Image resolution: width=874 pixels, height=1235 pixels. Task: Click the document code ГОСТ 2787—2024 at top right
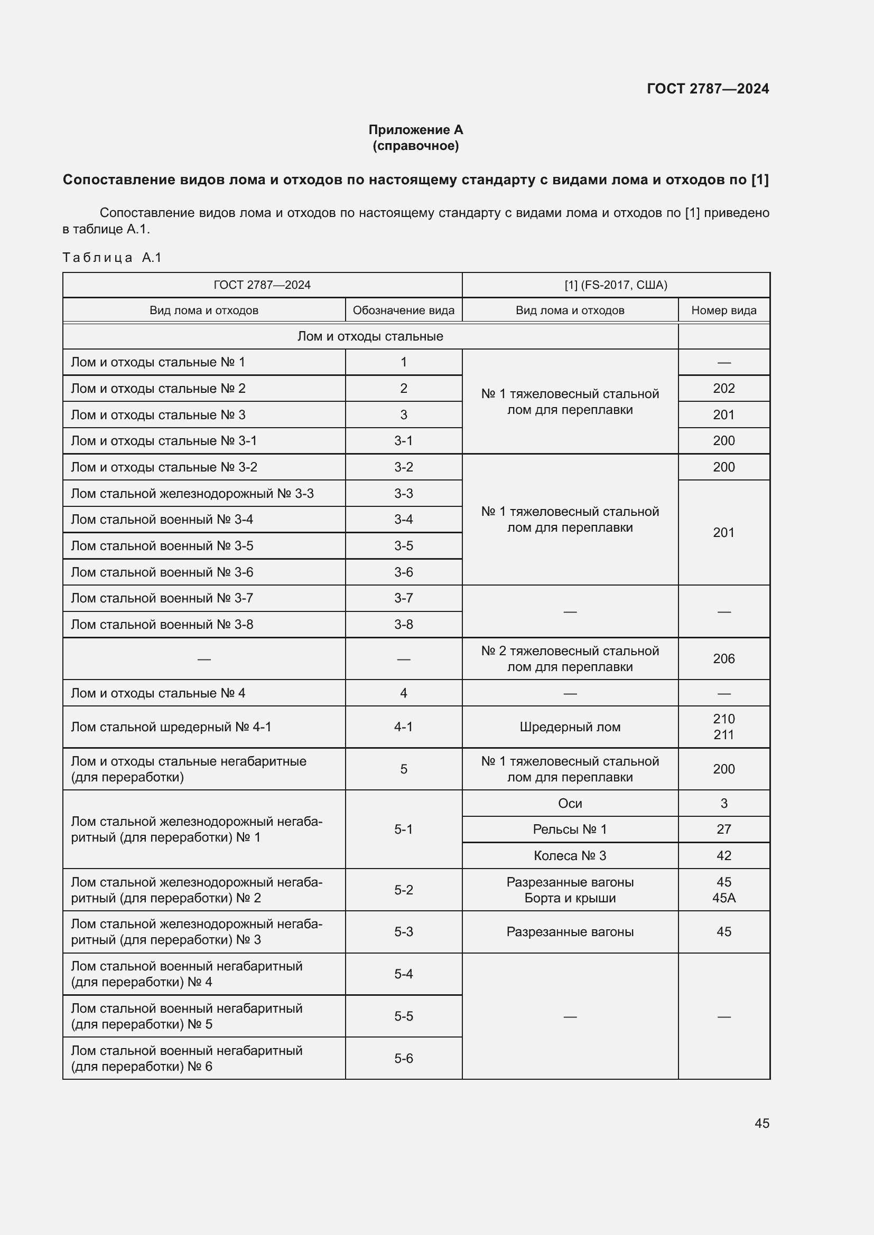[707, 89]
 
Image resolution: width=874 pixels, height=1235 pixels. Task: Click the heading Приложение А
[415, 130]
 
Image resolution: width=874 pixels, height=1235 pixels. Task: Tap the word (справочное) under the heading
[415, 146]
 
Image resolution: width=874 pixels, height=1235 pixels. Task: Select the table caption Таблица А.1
[112, 258]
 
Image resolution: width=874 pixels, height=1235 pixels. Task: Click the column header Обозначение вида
[403, 310]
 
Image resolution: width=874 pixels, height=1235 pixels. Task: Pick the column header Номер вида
[723, 310]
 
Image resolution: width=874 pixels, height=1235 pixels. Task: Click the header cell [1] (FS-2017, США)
[615, 285]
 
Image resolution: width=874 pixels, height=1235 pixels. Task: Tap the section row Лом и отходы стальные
[370, 336]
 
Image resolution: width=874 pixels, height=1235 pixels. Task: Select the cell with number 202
[723, 389]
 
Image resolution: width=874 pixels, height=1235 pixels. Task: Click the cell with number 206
[723, 658]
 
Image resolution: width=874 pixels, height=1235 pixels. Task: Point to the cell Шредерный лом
[570, 727]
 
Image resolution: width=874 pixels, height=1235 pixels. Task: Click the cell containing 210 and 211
[723, 727]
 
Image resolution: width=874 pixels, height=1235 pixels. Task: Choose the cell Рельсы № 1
[570, 829]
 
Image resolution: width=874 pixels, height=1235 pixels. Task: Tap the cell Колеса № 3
[570, 855]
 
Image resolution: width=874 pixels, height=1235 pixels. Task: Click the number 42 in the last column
[723, 855]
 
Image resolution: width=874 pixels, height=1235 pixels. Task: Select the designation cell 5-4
[403, 974]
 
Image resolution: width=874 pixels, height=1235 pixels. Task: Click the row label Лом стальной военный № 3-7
[162, 598]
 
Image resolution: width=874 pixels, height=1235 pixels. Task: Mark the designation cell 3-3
[403, 493]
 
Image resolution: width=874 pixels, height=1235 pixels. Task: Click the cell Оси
[570, 803]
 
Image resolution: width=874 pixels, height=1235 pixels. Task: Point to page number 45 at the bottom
[761, 1123]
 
